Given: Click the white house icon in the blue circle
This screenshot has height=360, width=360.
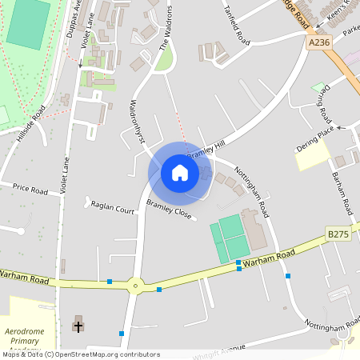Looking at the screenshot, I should [180, 172].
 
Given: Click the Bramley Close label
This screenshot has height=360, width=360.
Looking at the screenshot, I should [169, 210].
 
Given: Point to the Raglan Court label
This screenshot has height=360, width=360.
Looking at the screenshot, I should [112, 206].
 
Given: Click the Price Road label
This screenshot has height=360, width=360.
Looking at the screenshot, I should [30, 189].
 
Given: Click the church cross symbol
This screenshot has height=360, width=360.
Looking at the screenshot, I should [78, 326].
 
